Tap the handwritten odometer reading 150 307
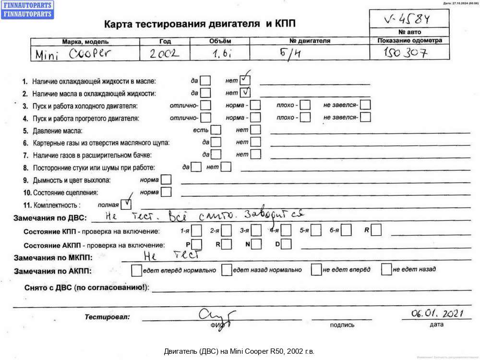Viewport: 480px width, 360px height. [406, 53]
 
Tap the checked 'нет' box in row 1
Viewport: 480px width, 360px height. [245, 80]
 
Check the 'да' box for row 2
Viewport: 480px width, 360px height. [205, 92]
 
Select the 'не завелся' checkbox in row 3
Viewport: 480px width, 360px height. [365, 105]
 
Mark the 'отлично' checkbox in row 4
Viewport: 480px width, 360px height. [205, 117]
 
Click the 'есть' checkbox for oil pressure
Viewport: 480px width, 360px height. [216, 130]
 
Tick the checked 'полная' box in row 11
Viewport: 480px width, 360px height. [125, 204]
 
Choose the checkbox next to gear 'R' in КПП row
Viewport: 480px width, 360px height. [376, 230]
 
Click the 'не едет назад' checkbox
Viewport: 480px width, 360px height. [386, 270]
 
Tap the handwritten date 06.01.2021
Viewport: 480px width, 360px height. [437, 314]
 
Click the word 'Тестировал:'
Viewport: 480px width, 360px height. [107, 317]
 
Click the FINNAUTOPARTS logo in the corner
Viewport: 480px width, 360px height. [27, 9]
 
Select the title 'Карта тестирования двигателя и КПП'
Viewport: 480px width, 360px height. [200, 23]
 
